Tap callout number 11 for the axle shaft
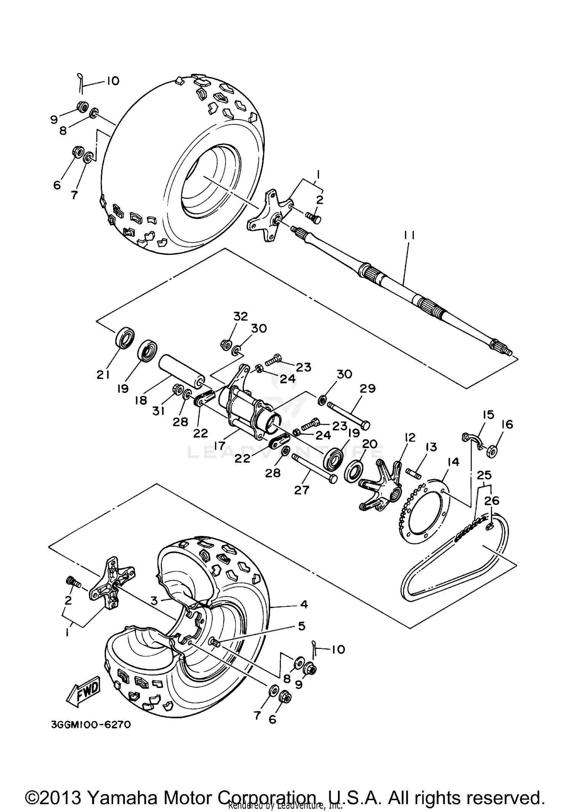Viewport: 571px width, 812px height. click(409, 236)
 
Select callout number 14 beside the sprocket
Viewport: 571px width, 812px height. click(454, 462)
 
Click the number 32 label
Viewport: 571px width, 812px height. click(241, 316)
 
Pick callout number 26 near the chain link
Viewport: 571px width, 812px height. click(491, 501)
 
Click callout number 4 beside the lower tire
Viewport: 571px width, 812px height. click(304, 604)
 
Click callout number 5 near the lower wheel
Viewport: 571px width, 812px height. click(301, 626)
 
